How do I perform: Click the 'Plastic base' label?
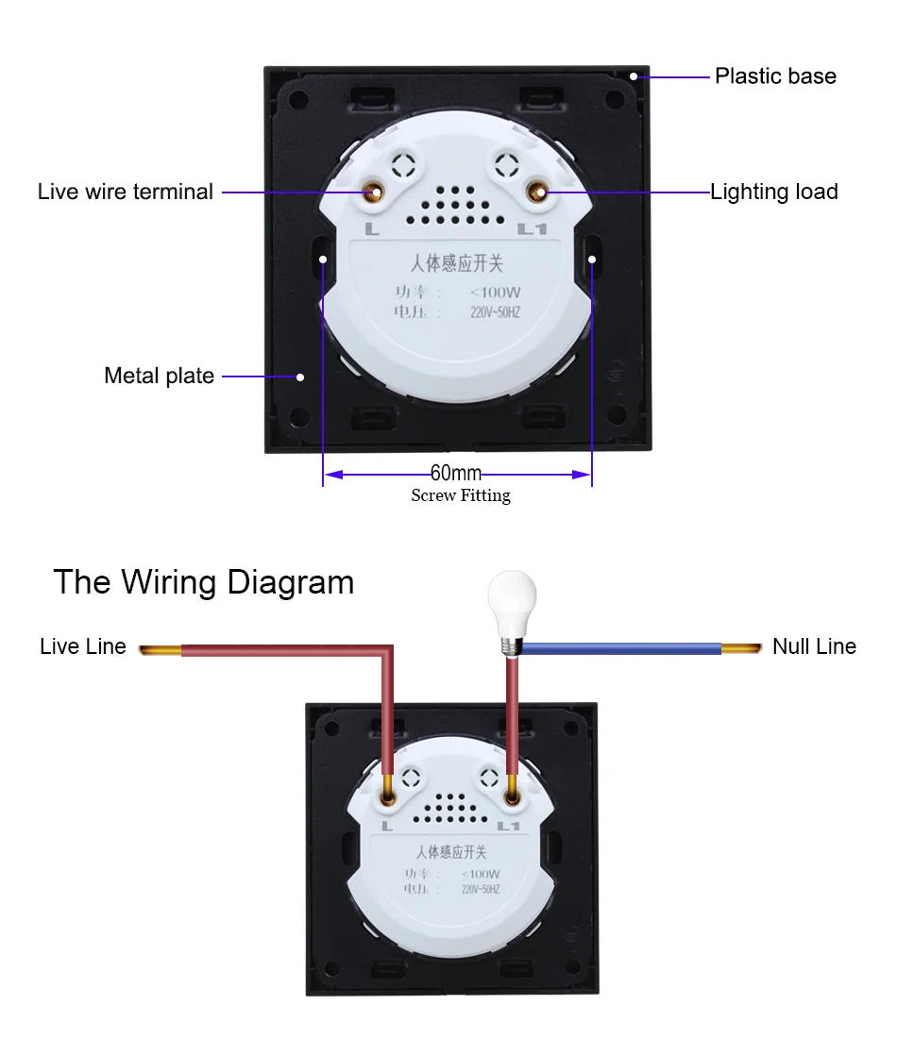click(x=775, y=76)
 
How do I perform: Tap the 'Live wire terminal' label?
click(x=126, y=192)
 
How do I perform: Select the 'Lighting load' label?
click(x=774, y=192)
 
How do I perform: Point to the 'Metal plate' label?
click(x=159, y=376)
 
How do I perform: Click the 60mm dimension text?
click(x=456, y=473)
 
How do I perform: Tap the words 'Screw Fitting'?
click(x=461, y=495)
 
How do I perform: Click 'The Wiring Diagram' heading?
click(x=204, y=581)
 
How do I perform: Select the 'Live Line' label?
click(x=83, y=646)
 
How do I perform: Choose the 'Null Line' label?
click(x=814, y=646)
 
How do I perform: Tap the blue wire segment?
click(x=623, y=648)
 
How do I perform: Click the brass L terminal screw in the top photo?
click(x=375, y=193)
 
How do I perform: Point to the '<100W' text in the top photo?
click(x=495, y=293)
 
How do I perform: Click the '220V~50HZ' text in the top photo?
click(x=495, y=312)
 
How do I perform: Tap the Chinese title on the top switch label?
click(x=457, y=263)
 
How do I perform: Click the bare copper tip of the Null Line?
click(x=742, y=648)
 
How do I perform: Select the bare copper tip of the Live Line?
click(x=160, y=649)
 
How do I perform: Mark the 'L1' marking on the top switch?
click(x=533, y=229)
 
